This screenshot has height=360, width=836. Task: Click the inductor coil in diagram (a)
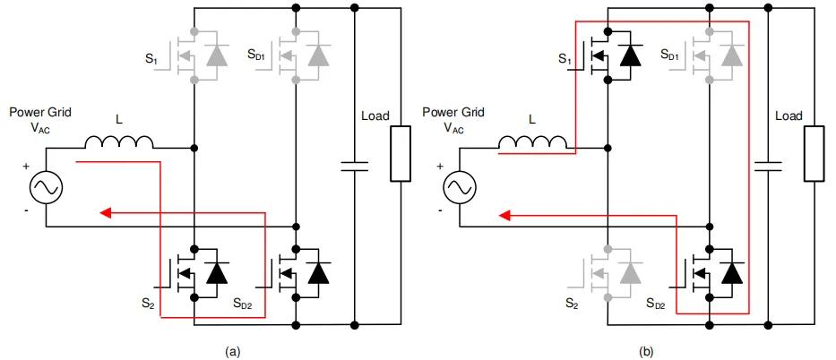pos(120,141)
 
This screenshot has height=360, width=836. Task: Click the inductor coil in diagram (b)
pos(533,141)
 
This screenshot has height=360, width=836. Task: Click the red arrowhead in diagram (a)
pos(105,213)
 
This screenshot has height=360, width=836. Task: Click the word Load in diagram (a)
pos(375,116)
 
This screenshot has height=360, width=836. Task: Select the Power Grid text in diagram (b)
pos(452,113)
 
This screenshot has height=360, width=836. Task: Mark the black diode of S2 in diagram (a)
pos(217,272)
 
